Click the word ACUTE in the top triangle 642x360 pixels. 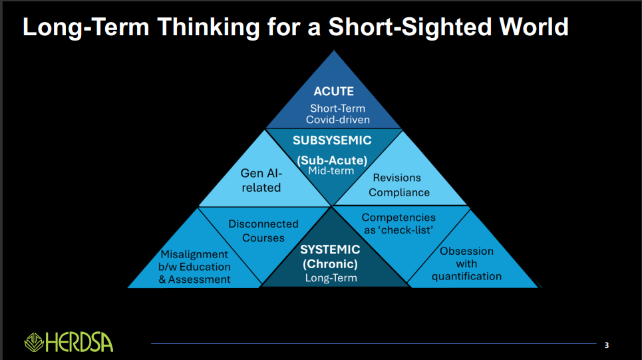[333, 92]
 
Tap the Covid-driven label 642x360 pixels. [337, 120]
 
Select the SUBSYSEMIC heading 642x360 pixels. [332, 140]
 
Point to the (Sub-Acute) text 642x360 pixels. [332, 160]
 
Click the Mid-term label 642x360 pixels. [331, 171]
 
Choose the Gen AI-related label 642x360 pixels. [261, 180]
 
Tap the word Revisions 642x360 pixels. [397, 178]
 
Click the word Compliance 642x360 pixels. [399, 192]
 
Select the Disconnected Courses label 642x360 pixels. [263, 231]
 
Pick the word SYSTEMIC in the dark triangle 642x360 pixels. [330, 250]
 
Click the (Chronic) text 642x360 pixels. [330, 264]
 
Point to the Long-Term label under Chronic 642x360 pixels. [331, 277]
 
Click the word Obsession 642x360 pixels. [466, 251]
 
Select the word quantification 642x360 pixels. [466, 276]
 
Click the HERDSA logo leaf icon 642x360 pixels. [34, 342]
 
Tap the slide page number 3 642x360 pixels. [606, 345]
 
